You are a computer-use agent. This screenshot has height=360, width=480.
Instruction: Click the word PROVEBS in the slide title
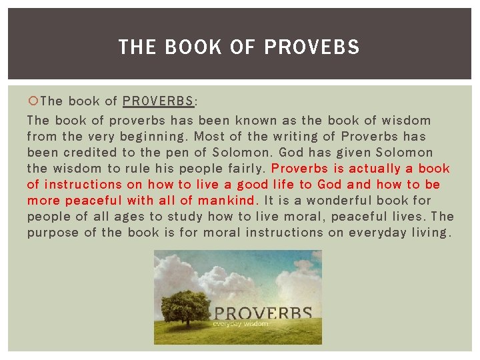(x=312, y=47)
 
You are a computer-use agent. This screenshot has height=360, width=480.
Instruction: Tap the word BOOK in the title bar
(x=193, y=47)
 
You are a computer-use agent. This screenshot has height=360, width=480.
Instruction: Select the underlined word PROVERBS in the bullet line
(x=159, y=101)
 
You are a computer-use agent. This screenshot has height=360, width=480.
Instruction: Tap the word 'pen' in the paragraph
(x=198, y=153)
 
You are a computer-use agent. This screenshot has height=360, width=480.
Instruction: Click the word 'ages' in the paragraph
(x=129, y=217)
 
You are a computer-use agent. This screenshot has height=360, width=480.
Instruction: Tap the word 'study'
(x=183, y=217)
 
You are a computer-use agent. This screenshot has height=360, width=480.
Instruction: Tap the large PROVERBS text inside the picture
(x=262, y=313)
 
